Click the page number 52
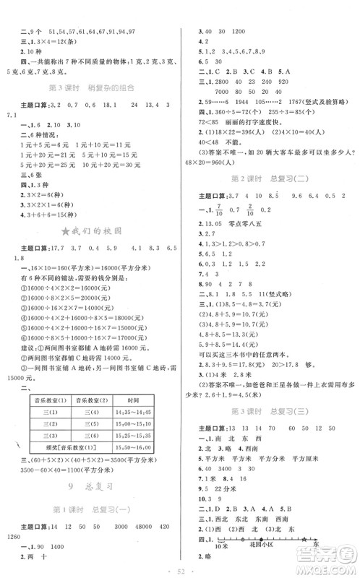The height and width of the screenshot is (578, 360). click(180, 571)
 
